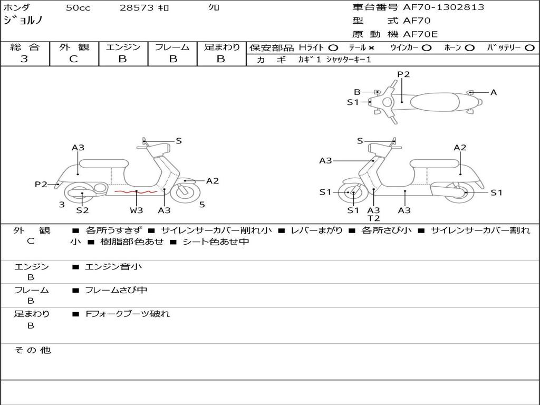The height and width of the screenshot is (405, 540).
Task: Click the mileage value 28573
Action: pos(137,8)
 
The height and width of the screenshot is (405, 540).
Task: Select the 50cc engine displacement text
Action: pos(78,8)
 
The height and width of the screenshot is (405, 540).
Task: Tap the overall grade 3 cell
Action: pos(24,59)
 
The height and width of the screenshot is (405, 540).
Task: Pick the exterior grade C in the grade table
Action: pos(74,59)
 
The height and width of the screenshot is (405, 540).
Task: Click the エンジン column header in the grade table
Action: pos(123,47)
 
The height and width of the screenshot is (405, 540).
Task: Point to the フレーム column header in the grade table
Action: pos(172,47)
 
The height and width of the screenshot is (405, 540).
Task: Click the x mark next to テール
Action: pos(371,47)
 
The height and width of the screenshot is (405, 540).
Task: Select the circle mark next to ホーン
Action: pos(469,47)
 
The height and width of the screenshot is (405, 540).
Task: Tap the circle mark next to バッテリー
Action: pos(529,47)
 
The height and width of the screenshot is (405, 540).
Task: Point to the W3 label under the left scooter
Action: pos(136,210)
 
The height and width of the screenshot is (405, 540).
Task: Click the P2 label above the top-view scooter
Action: pos(403,74)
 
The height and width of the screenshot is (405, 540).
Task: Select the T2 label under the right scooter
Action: pos(373,218)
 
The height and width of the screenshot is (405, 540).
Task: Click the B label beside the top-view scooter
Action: pos(357,92)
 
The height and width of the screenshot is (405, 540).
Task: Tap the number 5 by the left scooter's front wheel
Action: pos(202,204)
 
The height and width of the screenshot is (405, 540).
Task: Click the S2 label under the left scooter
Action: pos(82,210)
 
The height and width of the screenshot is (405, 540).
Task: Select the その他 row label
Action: pos(32,350)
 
